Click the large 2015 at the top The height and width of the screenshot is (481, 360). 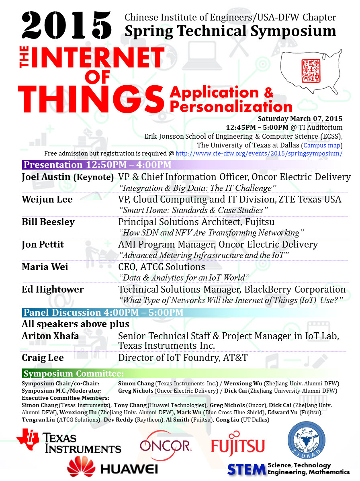pyautogui.click(x=67, y=25)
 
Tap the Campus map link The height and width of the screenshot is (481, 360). pyautogui.click(x=322, y=145)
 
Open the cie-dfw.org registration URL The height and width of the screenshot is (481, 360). pyautogui.click(x=259, y=154)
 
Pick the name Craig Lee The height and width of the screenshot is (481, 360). pyautogui.click(x=43, y=358)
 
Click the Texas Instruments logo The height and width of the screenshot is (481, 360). pyautogui.click(x=69, y=441)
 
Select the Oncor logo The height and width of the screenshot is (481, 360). pyautogui.click(x=166, y=444)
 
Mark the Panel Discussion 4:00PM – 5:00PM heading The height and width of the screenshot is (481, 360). pyautogui.click(x=104, y=313)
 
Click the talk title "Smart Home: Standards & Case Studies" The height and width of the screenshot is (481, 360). pyautogui.click(x=193, y=210)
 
